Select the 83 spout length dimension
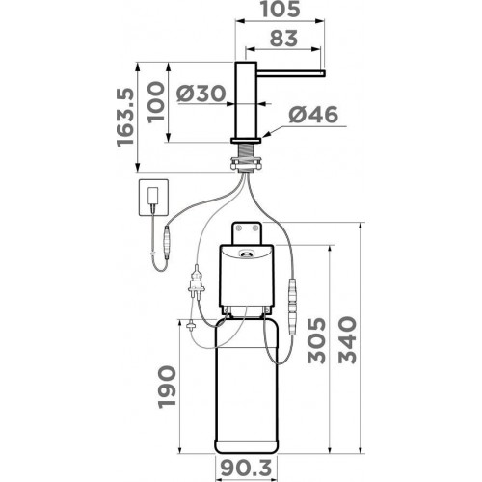(280, 41)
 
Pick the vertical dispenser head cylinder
(248, 101)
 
